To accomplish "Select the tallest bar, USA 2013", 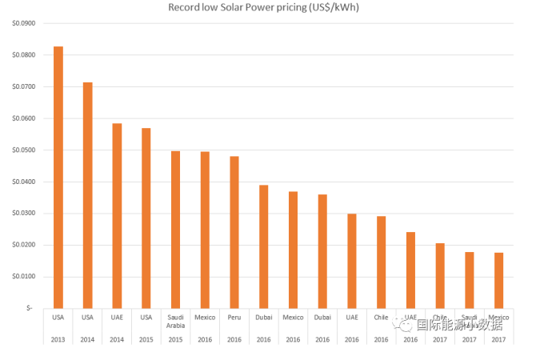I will (x=58, y=176).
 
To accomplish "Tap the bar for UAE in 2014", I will (x=117, y=215).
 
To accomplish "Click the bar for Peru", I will (x=234, y=232).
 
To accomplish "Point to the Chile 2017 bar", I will (x=440, y=275).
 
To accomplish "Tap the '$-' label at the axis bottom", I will (x=29, y=308).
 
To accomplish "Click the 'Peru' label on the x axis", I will (x=234, y=318).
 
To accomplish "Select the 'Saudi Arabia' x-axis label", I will (x=176, y=322).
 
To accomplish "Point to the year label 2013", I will (x=58, y=339).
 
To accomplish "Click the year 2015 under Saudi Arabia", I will (x=176, y=339).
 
